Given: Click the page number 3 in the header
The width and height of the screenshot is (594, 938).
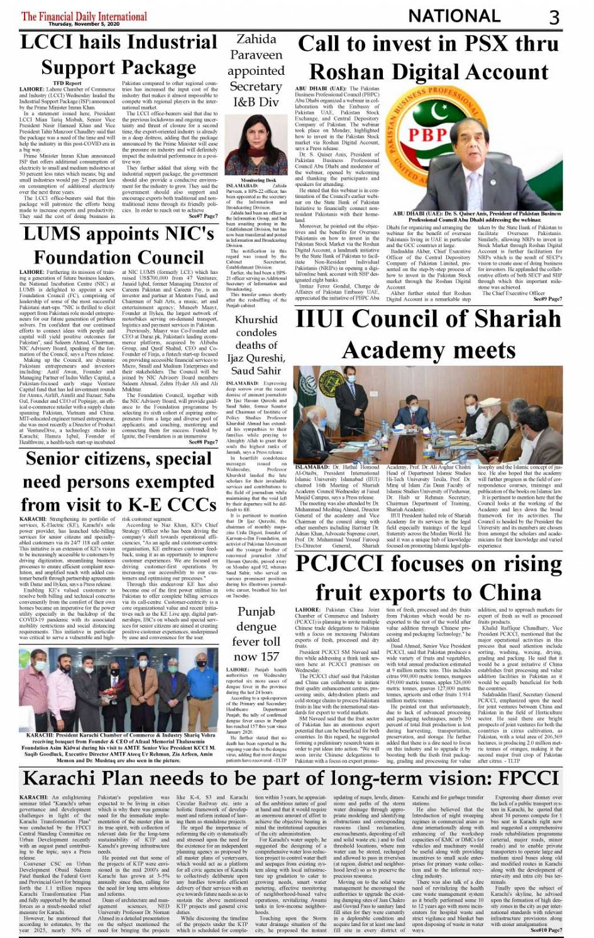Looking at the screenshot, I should [x=554, y=16].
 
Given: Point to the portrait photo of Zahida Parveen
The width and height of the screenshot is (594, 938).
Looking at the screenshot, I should [x=256, y=144].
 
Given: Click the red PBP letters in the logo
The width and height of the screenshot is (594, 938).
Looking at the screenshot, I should [x=427, y=134].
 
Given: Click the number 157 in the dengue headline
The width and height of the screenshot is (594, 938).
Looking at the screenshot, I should [x=270, y=657].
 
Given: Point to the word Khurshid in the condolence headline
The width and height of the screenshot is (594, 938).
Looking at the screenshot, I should [x=256, y=320].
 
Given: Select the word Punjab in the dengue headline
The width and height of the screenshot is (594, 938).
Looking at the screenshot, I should [x=256, y=612].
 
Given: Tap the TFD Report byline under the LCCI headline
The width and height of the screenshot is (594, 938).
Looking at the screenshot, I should [x=67, y=83].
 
